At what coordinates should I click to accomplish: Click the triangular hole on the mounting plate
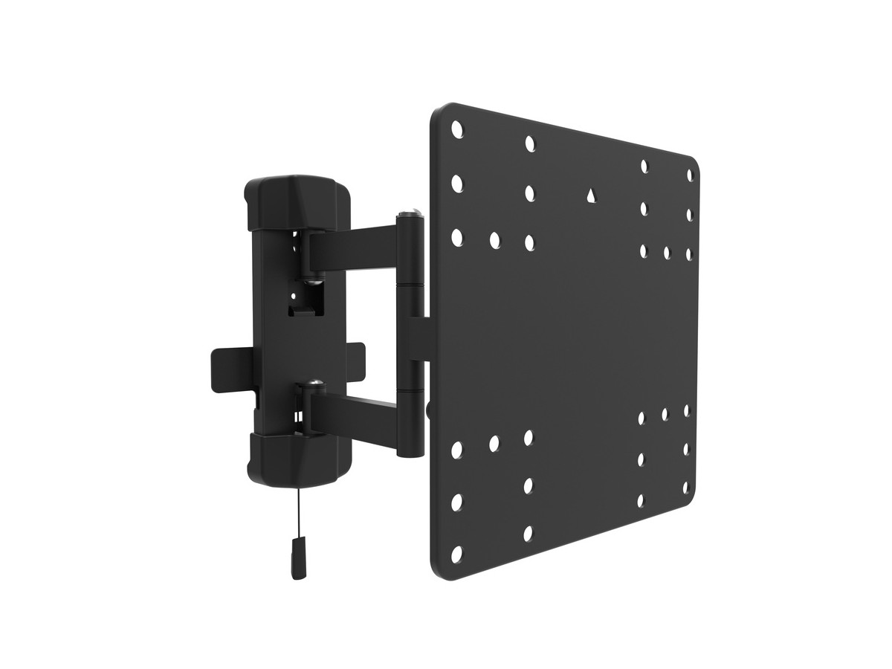click(x=590, y=195)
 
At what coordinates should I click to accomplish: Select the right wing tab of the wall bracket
click(x=355, y=358)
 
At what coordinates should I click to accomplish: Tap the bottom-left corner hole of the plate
click(x=456, y=554)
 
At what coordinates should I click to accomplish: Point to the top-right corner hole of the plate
click(x=689, y=175)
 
